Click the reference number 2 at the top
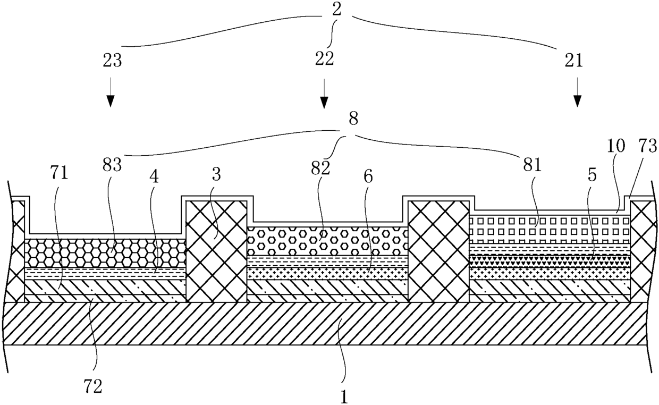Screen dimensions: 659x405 [x=337, y=9]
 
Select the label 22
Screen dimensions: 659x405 [x=325, y=58]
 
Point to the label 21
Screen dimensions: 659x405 [x=573, y=61]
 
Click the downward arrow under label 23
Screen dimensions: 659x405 [x=111, y=92]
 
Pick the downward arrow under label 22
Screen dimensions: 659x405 [x=324, y=94]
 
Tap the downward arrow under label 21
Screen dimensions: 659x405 [x=577, y=92]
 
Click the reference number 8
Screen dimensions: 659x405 [x=353, y=120]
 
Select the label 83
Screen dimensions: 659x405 [x=112, y=166]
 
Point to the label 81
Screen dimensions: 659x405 [x=533, y=166]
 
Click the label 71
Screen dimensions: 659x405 [x=59, y=173]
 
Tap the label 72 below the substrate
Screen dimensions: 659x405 [x=92, y=386]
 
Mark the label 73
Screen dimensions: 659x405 [x=647, y=146]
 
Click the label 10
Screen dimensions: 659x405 [x=616, y=146]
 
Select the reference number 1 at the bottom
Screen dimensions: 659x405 [x=344, y=396]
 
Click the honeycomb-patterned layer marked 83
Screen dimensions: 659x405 [x=105, y=252]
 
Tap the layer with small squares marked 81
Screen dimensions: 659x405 [x=550, y=229]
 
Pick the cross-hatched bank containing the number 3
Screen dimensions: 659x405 [x=216, y=252]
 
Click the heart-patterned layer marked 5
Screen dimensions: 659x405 [x=550, y=261]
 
